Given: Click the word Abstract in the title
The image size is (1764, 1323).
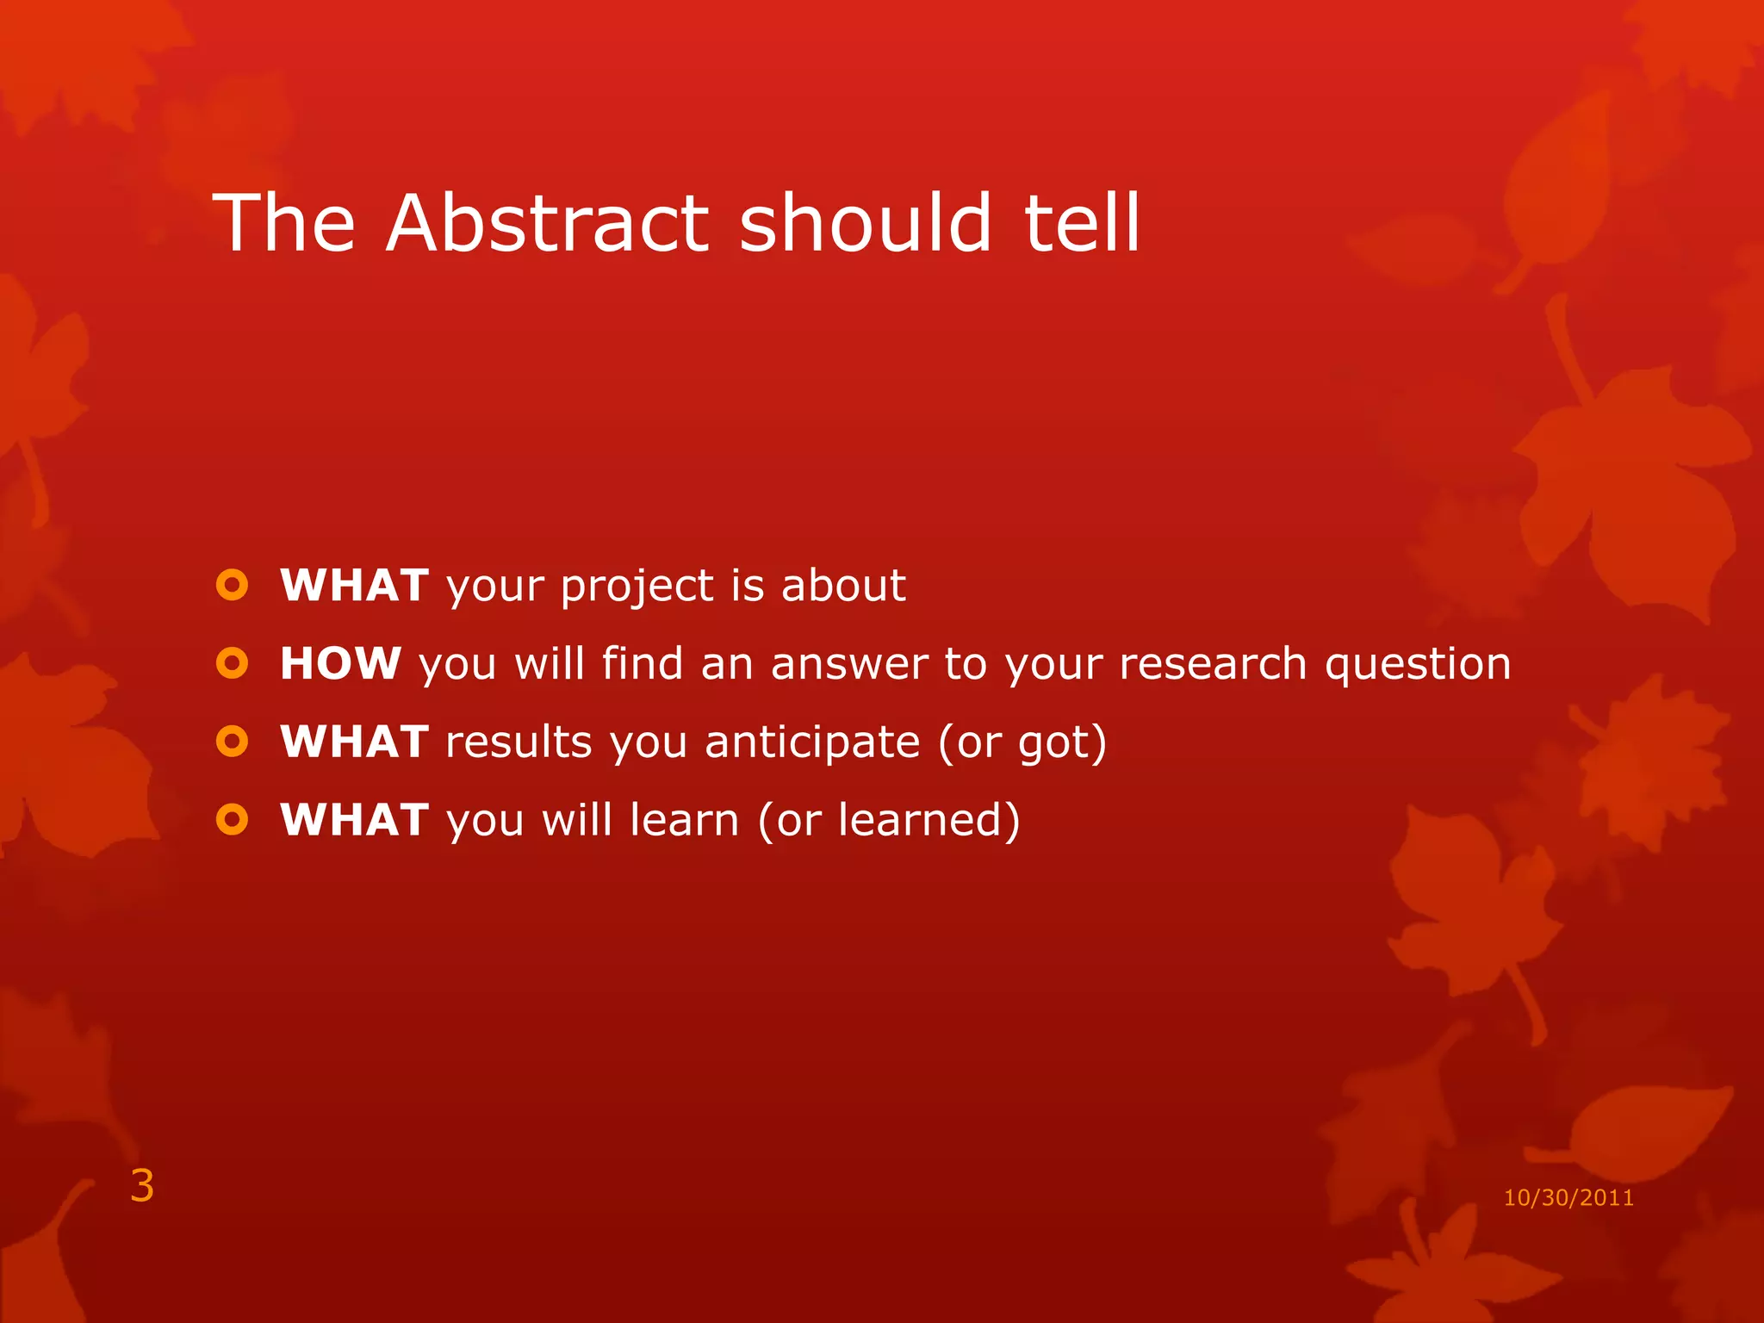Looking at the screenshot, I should click(x=547, y=223).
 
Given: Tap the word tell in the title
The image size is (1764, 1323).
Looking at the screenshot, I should click(x=1083, y=223).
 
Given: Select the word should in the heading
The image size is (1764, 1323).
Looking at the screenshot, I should click(x=866, y=223).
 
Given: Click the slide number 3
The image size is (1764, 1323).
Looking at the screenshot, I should click(x=142, y=1186).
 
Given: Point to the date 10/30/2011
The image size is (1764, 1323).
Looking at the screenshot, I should click(x=1568, y=1198).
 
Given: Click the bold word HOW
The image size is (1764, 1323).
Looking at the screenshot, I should click(x=340, y=664).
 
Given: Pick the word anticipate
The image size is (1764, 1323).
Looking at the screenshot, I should click(x=812, y=743).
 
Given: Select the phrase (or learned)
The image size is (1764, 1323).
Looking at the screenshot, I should click(x=889, y=820).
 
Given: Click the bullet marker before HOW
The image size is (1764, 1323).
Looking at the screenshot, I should click(x=232, y=663).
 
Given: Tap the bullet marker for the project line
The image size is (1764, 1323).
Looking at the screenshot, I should click(x=232, y=586).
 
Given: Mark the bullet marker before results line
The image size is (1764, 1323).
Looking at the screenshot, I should click(x=232, y=741).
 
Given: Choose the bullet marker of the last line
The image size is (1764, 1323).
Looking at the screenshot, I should click(x=232, y=819).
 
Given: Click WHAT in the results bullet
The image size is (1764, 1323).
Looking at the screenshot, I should click(x=354, y=742).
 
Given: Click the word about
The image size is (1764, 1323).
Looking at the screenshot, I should click(x=843, y=586).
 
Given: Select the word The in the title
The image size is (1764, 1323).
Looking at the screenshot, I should click(x=284, y=223).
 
